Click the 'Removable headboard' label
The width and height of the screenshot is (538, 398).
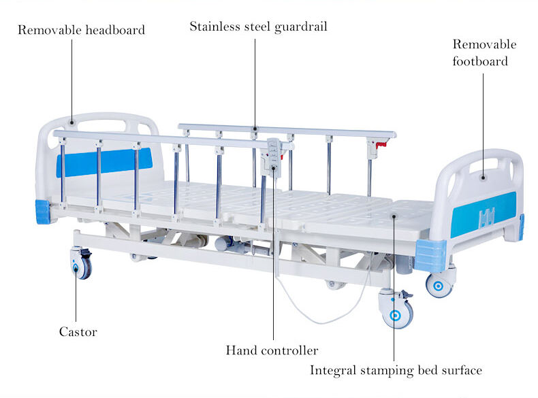[x=81, y=30]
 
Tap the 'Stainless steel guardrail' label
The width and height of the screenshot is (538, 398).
[x=258, y=27]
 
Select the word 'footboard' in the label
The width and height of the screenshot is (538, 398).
[x=480, y=61]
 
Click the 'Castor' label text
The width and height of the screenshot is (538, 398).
[x=78, y=332]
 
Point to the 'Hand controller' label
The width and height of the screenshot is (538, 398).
[x=272, y=350]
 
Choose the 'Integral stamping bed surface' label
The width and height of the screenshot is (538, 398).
[x=396, y=371]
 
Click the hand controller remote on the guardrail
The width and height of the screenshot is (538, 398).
[x=274, y=156]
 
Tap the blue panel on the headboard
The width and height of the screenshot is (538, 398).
[x=104, y=162]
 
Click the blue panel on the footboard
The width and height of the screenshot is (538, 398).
[x=484, y=214]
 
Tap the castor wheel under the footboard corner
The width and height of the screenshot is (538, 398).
[x=439, y=284]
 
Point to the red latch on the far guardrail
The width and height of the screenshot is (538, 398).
[x=381, y=144]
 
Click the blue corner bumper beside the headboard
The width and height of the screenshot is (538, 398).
[x=43, y=212]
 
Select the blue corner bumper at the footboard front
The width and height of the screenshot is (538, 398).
[x=430, y=256]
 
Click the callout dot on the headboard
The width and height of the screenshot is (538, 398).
[x=72, y=122]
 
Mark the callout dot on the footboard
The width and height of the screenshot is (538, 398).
[x=483, y=178]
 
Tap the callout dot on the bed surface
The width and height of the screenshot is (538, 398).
[x=394, y=216]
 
